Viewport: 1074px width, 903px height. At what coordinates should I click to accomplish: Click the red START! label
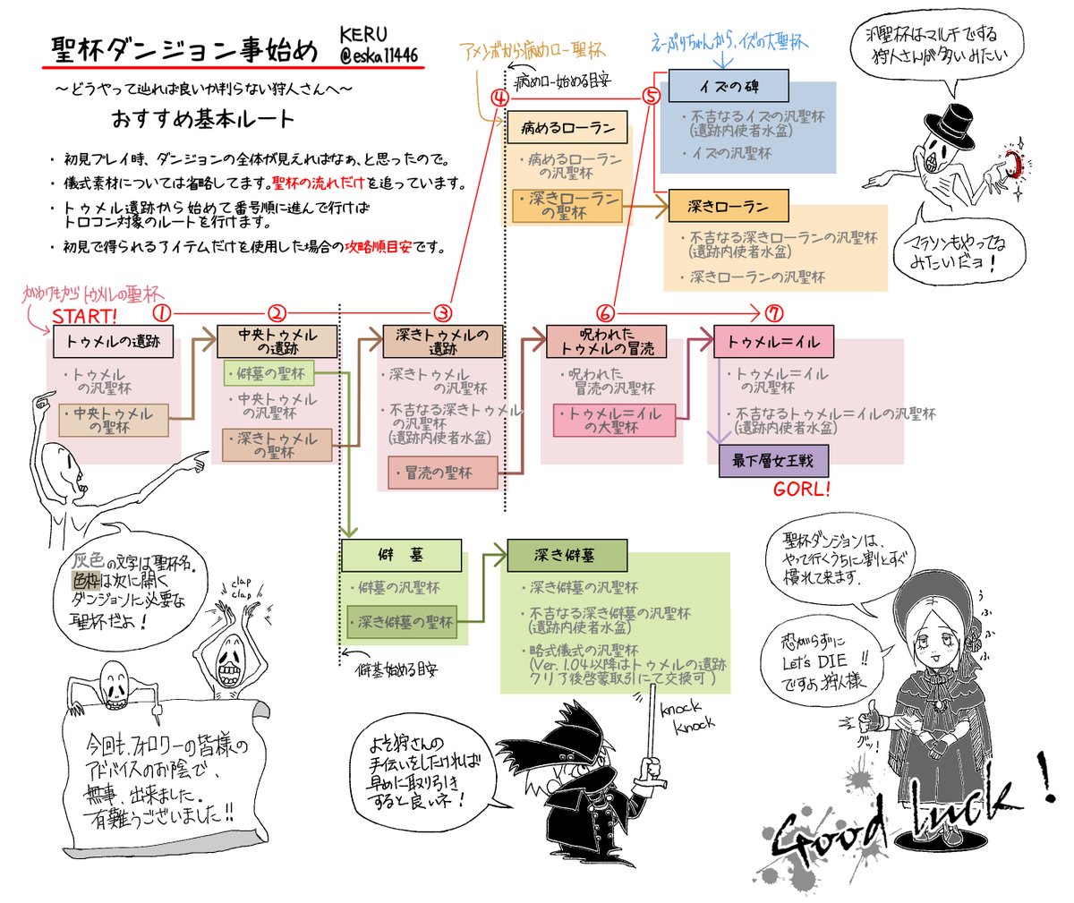(84, 317)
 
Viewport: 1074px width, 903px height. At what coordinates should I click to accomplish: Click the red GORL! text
(801, 489)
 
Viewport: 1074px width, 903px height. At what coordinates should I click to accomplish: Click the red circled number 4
(499, 97)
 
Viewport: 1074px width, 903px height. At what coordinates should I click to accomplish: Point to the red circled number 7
(775, 313)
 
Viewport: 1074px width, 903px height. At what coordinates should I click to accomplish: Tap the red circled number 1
(162, 313)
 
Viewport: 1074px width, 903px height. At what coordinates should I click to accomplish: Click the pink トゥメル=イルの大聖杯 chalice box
(614, 421)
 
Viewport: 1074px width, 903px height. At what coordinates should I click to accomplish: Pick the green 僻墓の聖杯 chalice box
(269, 373)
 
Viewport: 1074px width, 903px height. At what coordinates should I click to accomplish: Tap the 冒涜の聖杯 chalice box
(442, 473)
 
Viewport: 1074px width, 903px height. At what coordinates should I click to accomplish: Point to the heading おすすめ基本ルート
(202, 118)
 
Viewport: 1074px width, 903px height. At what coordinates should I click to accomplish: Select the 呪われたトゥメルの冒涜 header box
(607, 341)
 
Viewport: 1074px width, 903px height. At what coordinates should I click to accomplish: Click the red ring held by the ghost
(1013, 164)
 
